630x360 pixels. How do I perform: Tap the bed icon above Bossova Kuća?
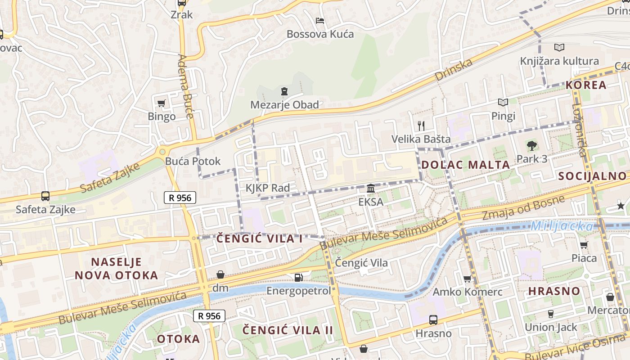pos(320,21)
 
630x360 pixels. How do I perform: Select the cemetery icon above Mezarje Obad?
pos(284,92)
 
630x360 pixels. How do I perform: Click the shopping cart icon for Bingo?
pos(162,103)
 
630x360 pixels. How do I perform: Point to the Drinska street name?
pos(454,70)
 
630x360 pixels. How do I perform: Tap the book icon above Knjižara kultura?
pos(559,47)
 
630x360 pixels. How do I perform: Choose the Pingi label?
pos(503,116)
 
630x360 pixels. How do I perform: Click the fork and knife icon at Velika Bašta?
pos(421,126)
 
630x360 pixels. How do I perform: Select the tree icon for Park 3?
pos(532,145)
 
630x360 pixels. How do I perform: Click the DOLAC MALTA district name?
pos(466,165)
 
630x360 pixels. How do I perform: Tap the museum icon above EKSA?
pos(371,188)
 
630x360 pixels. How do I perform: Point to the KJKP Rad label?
pos(268,188)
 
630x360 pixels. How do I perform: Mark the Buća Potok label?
pos(193,161)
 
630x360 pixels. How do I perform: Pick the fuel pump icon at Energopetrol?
pos(298,277)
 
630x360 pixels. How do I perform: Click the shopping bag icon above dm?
pos(220,274)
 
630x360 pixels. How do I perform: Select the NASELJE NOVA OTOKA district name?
pos(117,269)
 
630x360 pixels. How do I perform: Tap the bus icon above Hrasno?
pos(433,320)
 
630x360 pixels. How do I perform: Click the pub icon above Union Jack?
pos(550,314)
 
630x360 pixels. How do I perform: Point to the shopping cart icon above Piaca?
pos(584,245)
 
